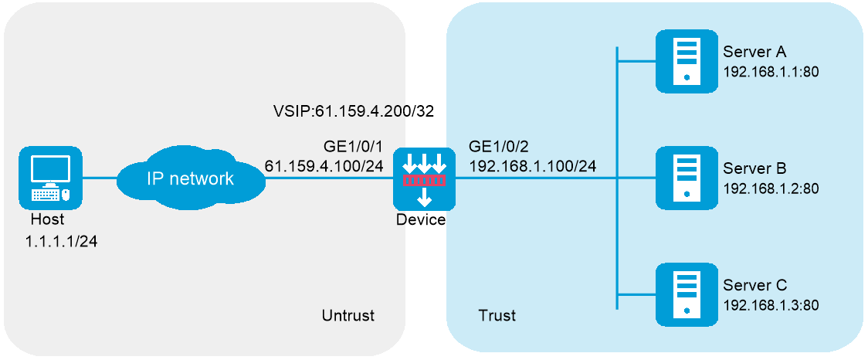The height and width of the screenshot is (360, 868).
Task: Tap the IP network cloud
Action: coord(190,179)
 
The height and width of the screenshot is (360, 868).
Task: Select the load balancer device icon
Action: coord(424,179)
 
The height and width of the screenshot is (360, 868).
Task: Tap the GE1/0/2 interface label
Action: coord(497,147)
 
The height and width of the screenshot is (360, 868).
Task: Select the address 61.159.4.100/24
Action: coord(324,165)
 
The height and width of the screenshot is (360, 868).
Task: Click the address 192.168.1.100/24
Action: coord(532,165)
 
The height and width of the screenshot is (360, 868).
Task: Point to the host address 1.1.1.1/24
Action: coord(61,240)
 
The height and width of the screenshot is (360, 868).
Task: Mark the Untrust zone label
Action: coord(348,315)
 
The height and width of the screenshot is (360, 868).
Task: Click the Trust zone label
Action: coord(497,315)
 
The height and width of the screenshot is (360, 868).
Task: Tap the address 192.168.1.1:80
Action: coord(770,71)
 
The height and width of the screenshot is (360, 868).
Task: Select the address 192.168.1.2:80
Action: coord(770,188)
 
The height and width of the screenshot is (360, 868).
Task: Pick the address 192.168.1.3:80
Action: coord(770,304)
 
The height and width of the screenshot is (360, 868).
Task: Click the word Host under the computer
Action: coord(47,220)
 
